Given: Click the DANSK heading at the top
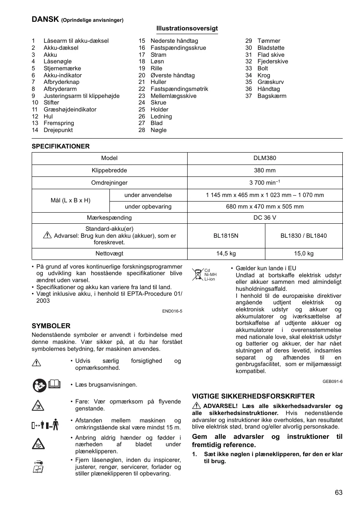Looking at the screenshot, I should (46, 19).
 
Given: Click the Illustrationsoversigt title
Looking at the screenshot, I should (187, 28).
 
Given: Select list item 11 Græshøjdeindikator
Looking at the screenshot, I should (70, 109).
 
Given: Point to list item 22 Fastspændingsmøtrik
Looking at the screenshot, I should (179, 89).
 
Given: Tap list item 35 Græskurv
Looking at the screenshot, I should (270, 82).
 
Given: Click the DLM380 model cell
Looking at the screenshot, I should (265, 158).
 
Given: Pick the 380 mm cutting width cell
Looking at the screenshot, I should (265, 170).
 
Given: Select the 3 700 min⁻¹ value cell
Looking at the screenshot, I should (265, 183).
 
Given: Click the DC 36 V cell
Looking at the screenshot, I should (265, 218).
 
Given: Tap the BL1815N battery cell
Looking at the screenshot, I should (226, 236).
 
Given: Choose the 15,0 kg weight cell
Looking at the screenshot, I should (304, 254).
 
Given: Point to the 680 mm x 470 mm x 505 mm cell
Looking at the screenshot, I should (265, 206).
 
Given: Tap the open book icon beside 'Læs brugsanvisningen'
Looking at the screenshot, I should (54, 385).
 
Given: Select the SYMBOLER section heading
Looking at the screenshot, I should (51, 326).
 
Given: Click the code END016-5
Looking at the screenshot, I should (172, 311).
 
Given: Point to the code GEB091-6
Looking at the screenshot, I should (332, 381).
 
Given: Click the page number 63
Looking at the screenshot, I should (339, 492).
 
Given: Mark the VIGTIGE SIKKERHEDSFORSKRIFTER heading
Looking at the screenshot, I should (253, 396).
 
